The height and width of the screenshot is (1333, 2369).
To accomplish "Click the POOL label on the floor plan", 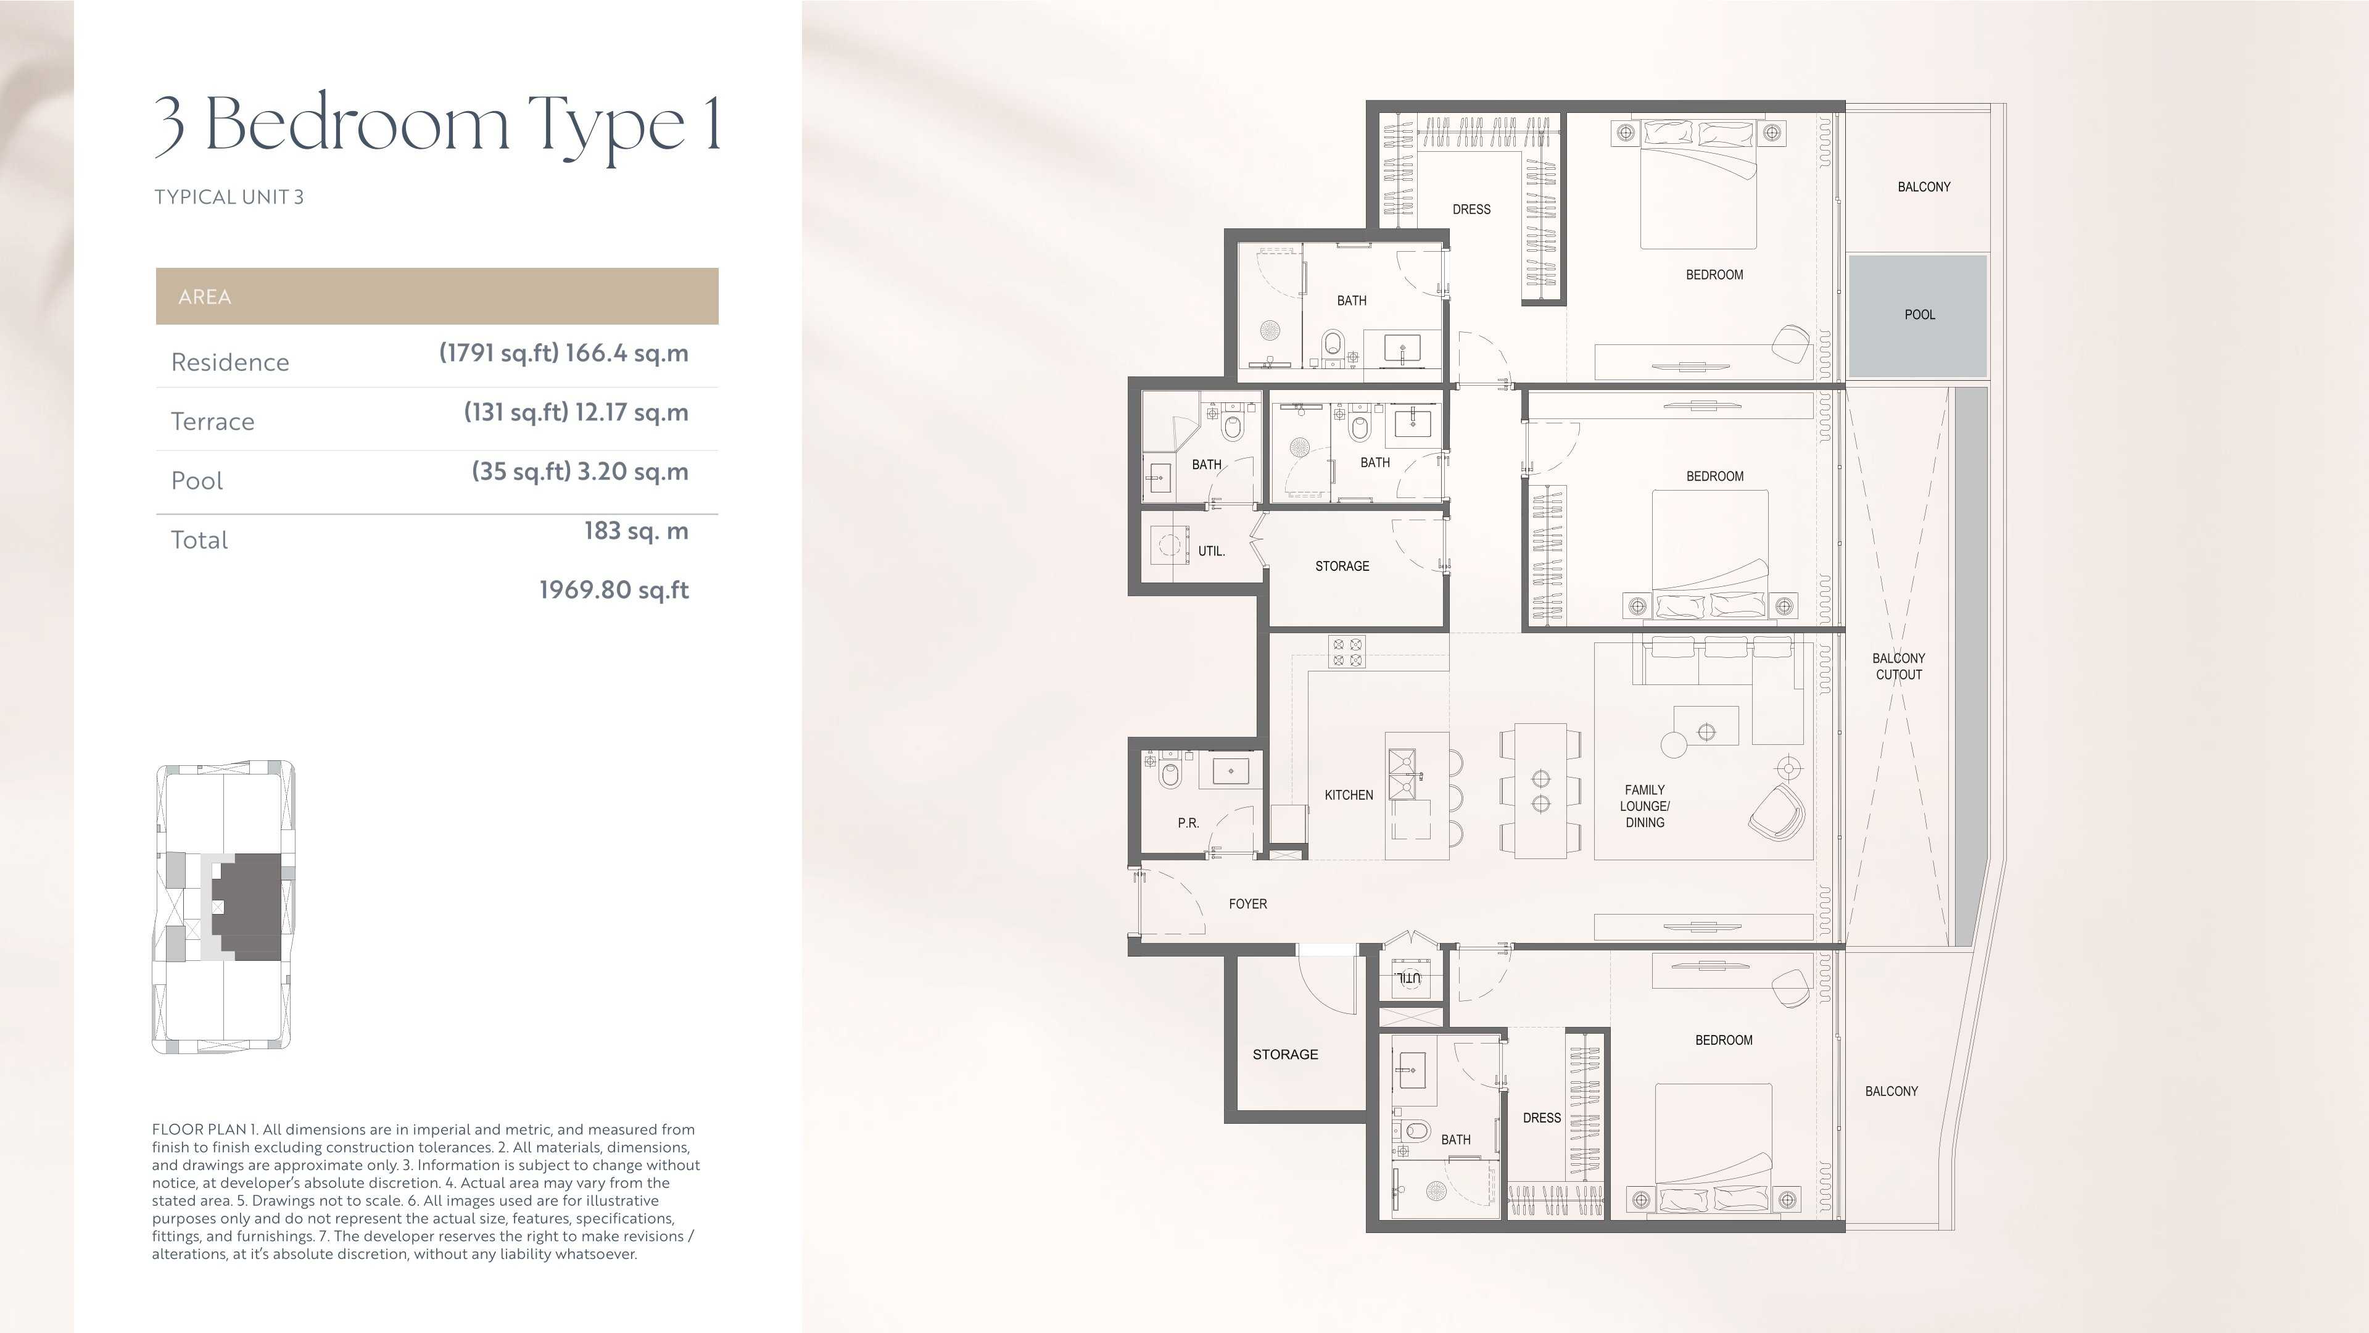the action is pos(1919,315).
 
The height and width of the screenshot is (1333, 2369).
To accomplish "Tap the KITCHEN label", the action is pos(1348,795).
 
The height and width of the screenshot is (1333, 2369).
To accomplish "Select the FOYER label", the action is pos(1248,904).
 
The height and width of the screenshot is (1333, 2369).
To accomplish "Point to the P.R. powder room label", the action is pos(1188,823).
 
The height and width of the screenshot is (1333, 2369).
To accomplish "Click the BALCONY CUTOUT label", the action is pos(1898,666).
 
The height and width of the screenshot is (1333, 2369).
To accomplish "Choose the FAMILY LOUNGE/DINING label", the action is pos(1644,806).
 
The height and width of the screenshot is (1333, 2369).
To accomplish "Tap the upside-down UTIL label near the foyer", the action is pos(1408,977).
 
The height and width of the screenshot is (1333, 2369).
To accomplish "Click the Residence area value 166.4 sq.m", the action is pos(626,353).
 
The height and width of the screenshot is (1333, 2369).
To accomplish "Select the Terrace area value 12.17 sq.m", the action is pos(631,412).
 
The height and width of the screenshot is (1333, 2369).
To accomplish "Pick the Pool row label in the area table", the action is pos(197,480).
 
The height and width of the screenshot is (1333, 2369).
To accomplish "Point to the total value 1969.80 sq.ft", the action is pos(613,590).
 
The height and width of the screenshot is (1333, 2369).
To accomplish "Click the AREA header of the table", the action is pos(204,296).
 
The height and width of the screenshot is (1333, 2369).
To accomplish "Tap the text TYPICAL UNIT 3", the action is pos(229,197).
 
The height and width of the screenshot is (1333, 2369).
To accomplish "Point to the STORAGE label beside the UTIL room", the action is pos(1342,567).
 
